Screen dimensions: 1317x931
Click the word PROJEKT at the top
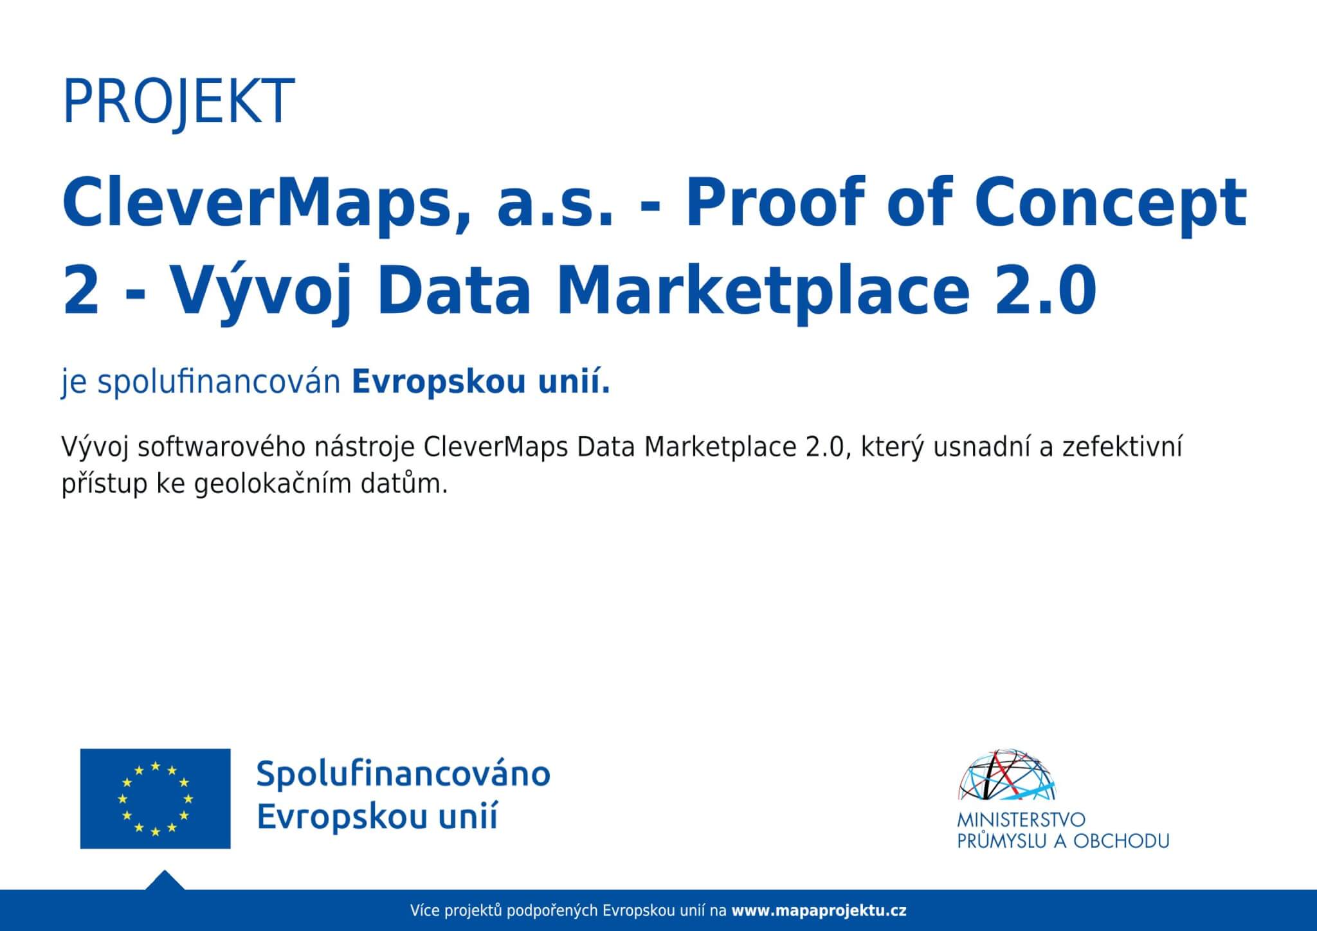click(x=178, y=102)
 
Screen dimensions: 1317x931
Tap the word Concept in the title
click(x=1111, y=203)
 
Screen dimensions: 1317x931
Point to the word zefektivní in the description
click(x=1122, y=447)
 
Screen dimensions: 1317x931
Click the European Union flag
click(x=155, y=799)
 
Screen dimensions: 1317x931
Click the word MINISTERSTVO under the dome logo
click(x=1021, y=820)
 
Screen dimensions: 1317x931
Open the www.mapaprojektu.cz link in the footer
click(x=819, y=911)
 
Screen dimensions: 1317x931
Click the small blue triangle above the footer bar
click(x=165, y=881)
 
